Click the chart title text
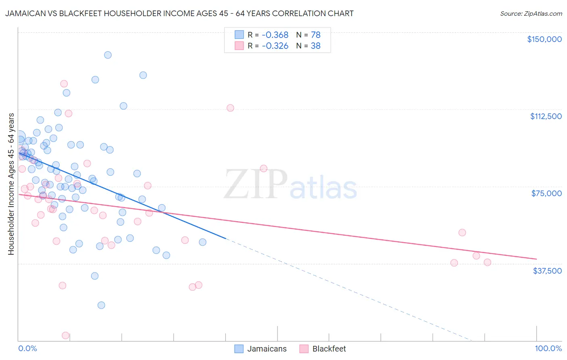coord(179,13)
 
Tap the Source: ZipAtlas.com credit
coord(531,14)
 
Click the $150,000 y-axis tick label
coord(544,39)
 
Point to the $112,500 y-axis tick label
coord(545,116)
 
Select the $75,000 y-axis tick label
coord(546,193)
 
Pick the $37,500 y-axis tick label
coord(547,270)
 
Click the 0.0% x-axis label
coord(27,348)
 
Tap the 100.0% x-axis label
coord(548,348)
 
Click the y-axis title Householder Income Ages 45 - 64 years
coord(11,184)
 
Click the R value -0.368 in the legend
coord(275,35)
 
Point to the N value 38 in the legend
coord(315,46)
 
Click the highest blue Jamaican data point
coord(108,55)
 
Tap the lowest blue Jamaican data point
coord(101,305)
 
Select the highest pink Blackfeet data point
coord(64,84)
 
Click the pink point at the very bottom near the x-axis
coord(65,335)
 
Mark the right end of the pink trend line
coord(536,259)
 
